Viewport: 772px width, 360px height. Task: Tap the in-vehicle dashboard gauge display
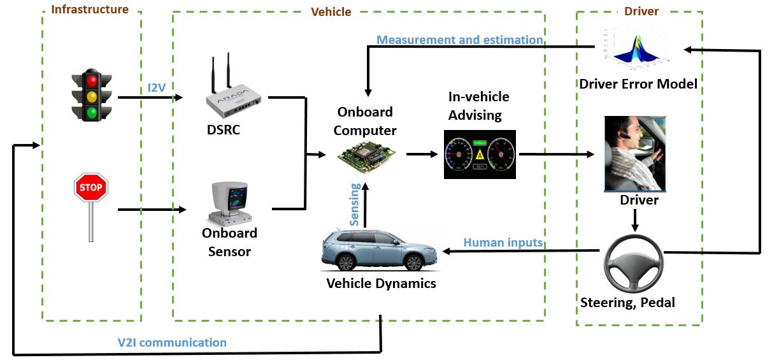tap(480, 155)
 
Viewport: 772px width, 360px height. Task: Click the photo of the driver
tap(635, 154)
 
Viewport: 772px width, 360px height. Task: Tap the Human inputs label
tap(503, 242)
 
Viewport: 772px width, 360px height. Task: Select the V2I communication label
tap(172, 343)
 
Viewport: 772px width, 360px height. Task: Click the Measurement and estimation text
tap(459, 40)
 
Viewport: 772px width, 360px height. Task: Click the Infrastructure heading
tap(90, 10)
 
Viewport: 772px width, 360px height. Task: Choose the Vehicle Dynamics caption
tap(381, 284)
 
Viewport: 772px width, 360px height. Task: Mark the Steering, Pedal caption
tap(627, 302)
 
